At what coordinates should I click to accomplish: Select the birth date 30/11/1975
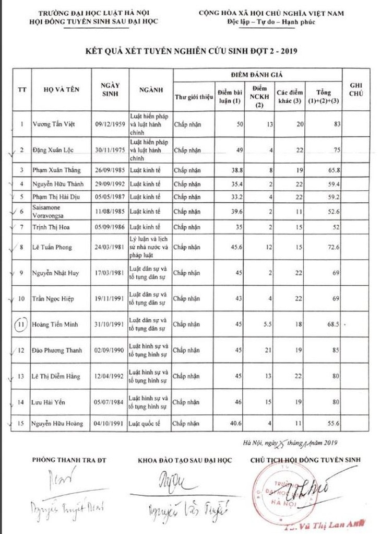[108, 150]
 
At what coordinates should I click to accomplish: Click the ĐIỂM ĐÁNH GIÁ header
[257, 75]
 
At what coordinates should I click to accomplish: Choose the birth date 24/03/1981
[108, 247]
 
